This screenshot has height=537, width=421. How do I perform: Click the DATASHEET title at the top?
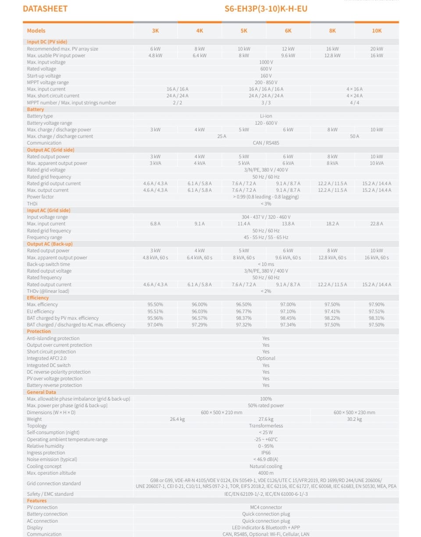click(45, 9)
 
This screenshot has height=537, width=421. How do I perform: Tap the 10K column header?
click(377, 31)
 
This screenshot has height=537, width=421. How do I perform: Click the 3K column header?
click(156, 31)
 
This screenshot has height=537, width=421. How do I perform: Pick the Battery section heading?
click(36, 109)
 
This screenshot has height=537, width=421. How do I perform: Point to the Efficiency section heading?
click(38, 298)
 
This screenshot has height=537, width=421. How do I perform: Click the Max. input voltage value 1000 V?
click(266, 62)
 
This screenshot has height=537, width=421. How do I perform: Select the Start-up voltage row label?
click(44, 76)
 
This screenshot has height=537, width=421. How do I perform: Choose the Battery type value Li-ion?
click(266, 116)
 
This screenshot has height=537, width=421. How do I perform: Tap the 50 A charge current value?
click(354, 136)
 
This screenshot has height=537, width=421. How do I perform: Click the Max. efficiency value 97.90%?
click(376, 305)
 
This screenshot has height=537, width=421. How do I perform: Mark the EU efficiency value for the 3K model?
click(155, 311)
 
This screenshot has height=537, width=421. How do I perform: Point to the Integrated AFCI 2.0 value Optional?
click(266, 358)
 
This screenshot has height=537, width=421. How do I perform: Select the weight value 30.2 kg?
click(354, 419)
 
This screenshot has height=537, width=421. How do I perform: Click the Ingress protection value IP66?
click(266, 453)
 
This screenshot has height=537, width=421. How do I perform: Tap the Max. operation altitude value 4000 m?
click(266, 473)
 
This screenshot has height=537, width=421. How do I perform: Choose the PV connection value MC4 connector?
click(266, 507)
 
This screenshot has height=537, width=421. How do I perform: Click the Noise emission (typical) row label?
click(52, 459)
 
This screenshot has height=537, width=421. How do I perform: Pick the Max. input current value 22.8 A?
click(376, 224)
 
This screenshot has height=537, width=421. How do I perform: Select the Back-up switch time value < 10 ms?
click(266, 264)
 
